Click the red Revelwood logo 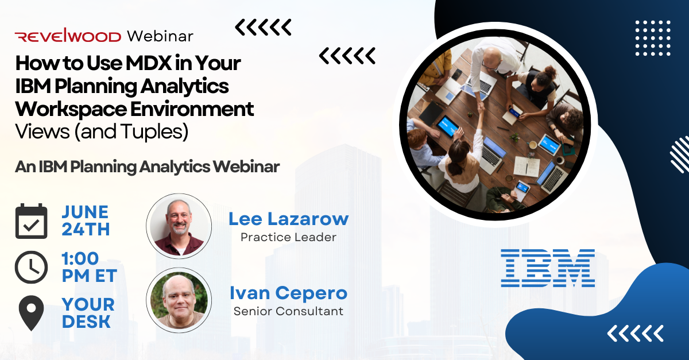coord(68,37)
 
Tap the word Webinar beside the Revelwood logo coord(160,36)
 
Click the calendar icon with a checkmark coord(31,221)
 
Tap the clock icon coord(31,266)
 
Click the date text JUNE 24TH coord(85,220)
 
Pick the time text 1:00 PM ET coord(89,267)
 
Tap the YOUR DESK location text coord(88,313)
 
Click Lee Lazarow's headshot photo coord(179,225)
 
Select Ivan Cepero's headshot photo coord(179,299)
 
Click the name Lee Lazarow coord(288,219)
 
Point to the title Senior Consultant coord(288,311)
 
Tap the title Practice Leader coord(288,237)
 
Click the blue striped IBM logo coord(547,268)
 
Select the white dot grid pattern coord(653,37)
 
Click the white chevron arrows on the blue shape coord(635,333)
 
